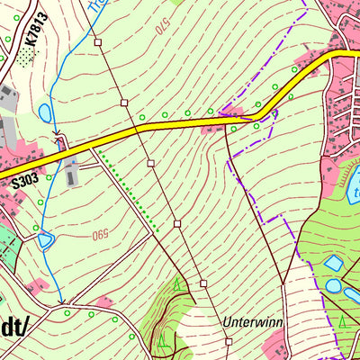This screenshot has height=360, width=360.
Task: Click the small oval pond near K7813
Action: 45,112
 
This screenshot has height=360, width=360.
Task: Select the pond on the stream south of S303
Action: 45,240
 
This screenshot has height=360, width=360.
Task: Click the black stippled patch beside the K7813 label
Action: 27,55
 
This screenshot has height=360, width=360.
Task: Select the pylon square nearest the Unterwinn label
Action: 229,341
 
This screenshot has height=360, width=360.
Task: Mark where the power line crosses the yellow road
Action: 138,130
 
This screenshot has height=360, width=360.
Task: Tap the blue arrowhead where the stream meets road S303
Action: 58,138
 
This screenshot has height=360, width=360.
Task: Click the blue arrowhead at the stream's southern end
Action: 61,301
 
